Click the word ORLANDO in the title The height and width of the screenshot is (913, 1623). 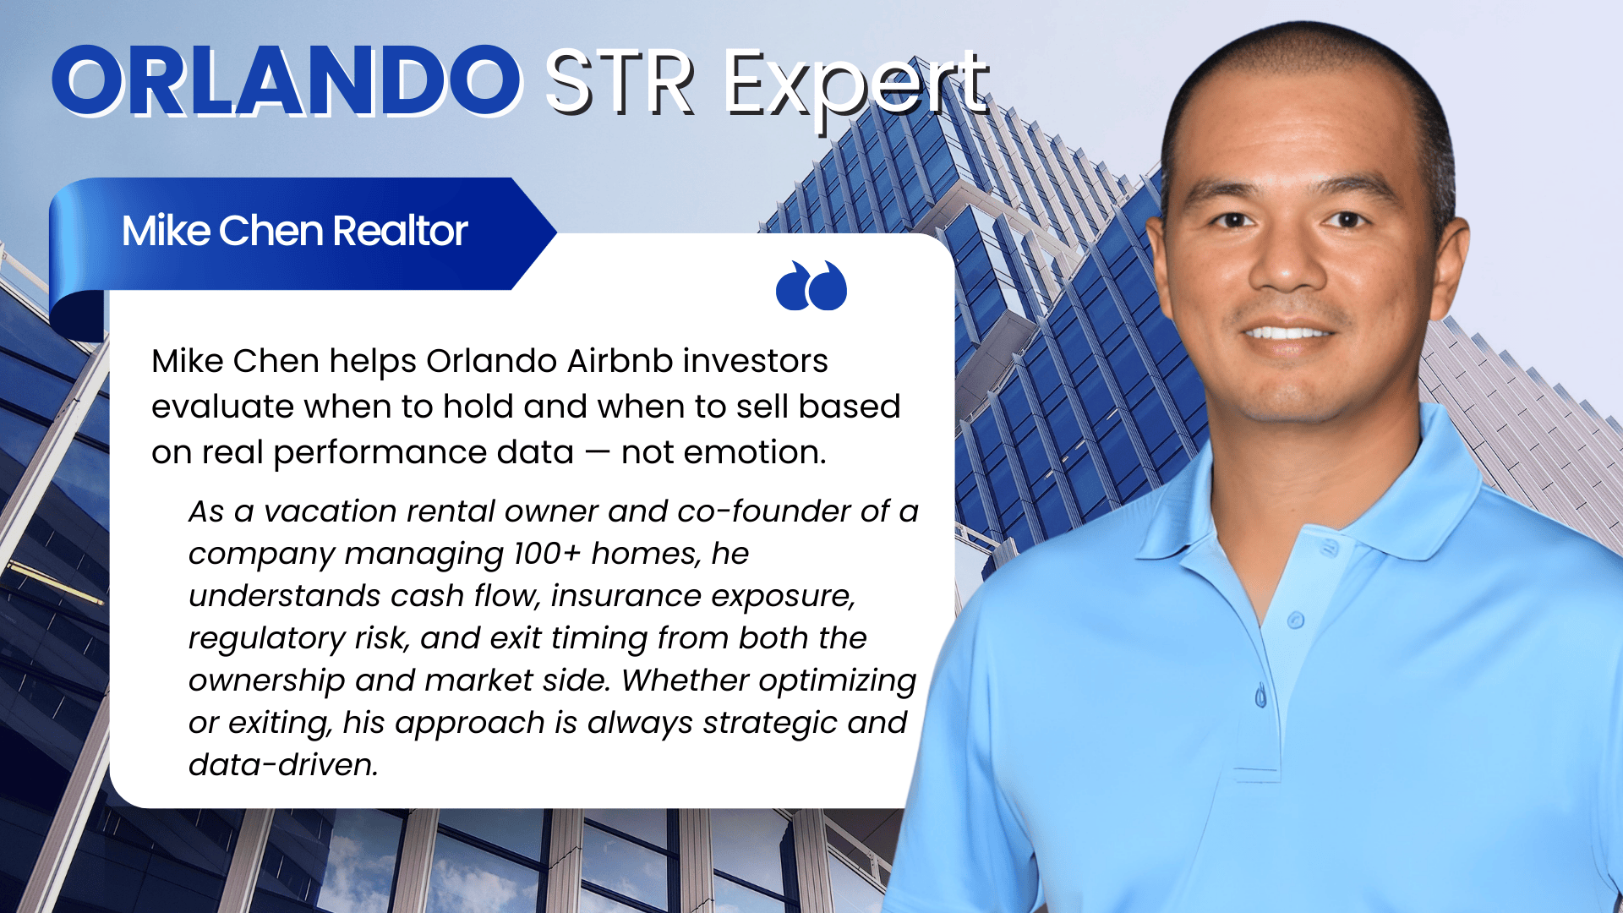click(x=287, y=82)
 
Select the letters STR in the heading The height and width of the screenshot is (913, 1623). click(x=620, y=83)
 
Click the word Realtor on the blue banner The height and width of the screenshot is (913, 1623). click(x=400, y=231)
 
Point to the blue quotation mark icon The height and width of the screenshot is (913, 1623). click(x=811, y=286)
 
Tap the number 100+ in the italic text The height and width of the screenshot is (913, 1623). click(x=547, y=554)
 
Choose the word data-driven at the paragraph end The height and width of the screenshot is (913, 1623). click(x=282, y=765)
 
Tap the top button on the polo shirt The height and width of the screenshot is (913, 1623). click(x=1296, y=621)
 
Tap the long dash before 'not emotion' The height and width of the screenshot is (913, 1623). click(x=597, y=452)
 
